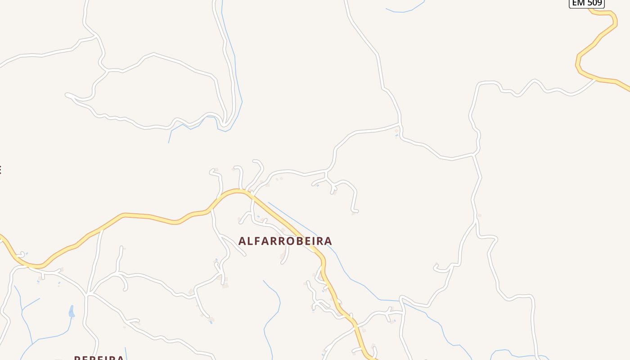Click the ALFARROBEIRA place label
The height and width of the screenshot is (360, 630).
pyautogui.click(x=285, y=241)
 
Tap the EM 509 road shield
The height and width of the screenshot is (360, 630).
pyautogui.click(x=587, y=3)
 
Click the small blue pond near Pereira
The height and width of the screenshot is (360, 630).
pyautogui.click(x=71, y=311)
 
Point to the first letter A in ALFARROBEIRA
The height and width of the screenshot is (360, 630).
pyautogui.click(x=242, y=241)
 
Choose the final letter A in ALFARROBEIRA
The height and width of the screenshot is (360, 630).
pyautogui.click(x=328, y=241)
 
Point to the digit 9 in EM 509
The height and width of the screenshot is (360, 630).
pyautogui.click(x=599, y=3)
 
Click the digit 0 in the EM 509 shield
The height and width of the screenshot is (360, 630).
pyautogui.click(x=594, y=3)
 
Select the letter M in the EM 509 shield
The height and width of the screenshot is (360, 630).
pyautogui.click(x=580, y=3)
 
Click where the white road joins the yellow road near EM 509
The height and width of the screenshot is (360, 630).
pyautogui.click(x=596, y=79)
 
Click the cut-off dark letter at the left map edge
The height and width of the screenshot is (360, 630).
pyautogui.click(x=0, y=170)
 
